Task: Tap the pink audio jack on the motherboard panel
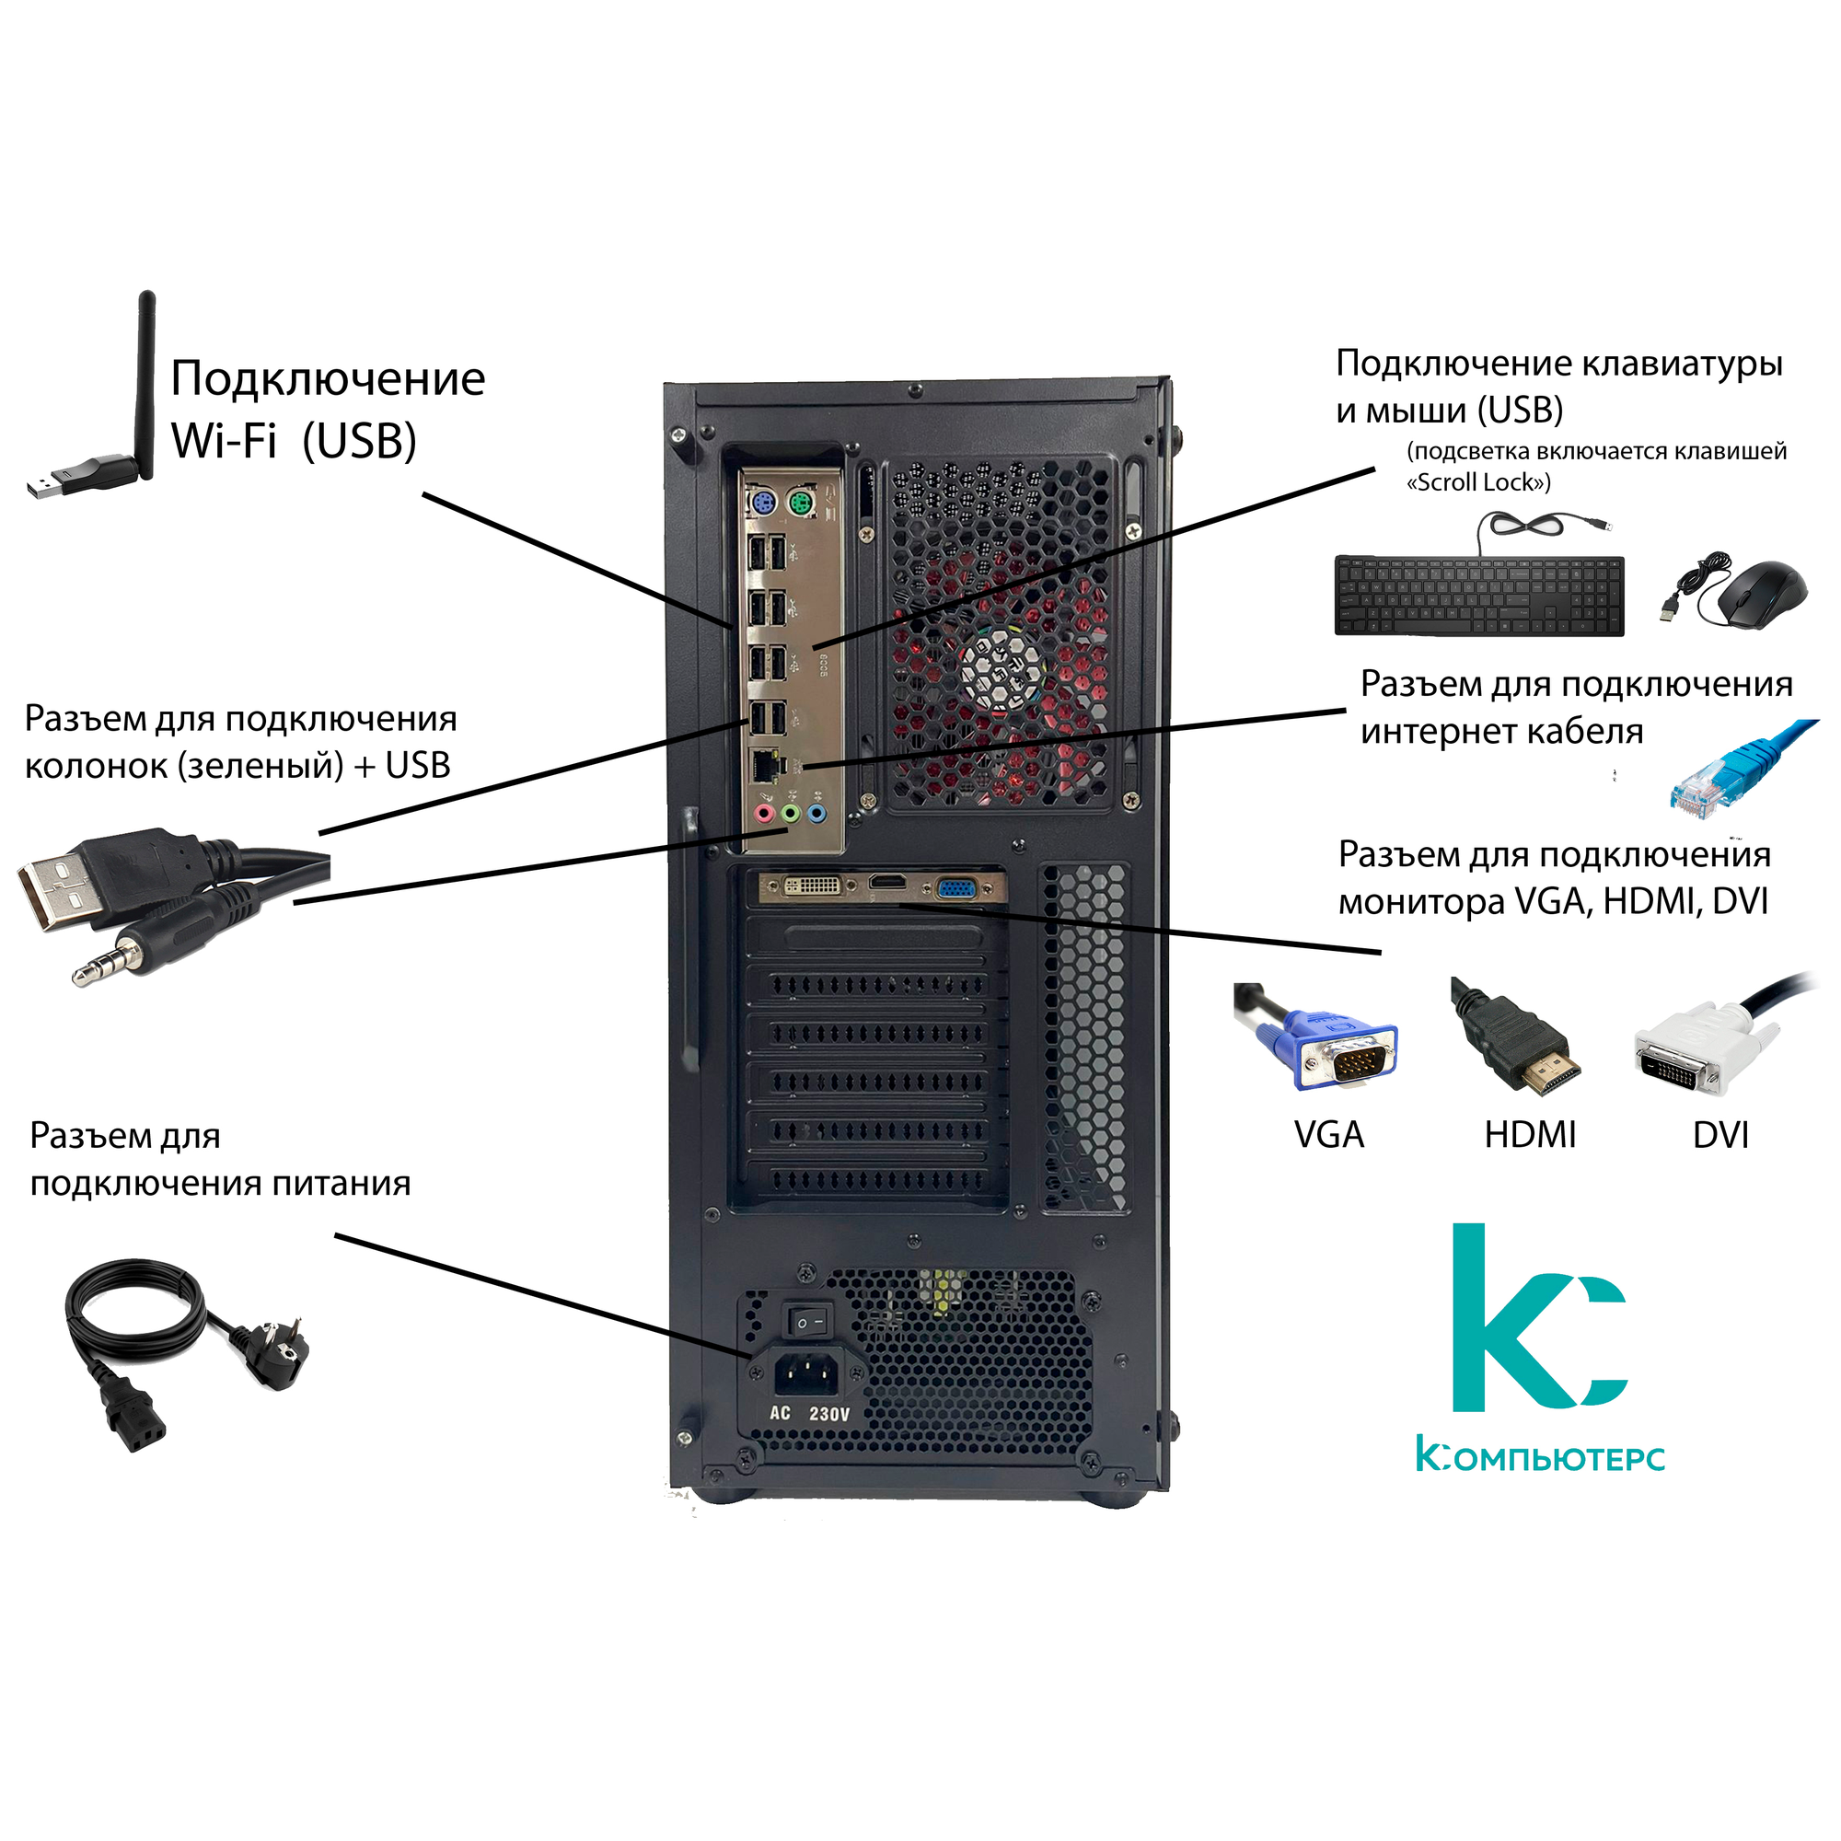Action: coord(762,813)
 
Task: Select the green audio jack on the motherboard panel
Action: coord(789,813)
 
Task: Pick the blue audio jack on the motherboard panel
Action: coord(815,813)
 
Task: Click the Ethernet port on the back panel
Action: coord(764,763)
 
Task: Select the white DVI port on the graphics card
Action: coord(813,886)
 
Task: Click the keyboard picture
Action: coord(1479,596)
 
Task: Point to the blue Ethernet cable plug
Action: coord(1715,777)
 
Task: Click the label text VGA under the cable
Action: coord(1328,1135)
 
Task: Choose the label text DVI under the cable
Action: coord(1720,1135)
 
